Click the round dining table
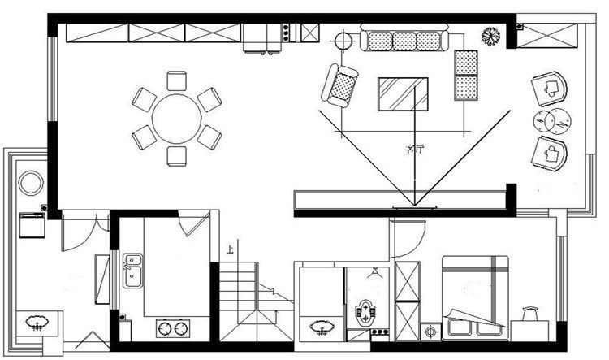click(176, 118)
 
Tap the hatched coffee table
click(402, 93)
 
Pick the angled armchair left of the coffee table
click(340, 84)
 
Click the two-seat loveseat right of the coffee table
click(465, 75)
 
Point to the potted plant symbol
click(490, 36)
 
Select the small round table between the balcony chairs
click(554, 119)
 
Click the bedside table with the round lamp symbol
click(430, 330)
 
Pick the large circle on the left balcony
click(31, 182)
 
